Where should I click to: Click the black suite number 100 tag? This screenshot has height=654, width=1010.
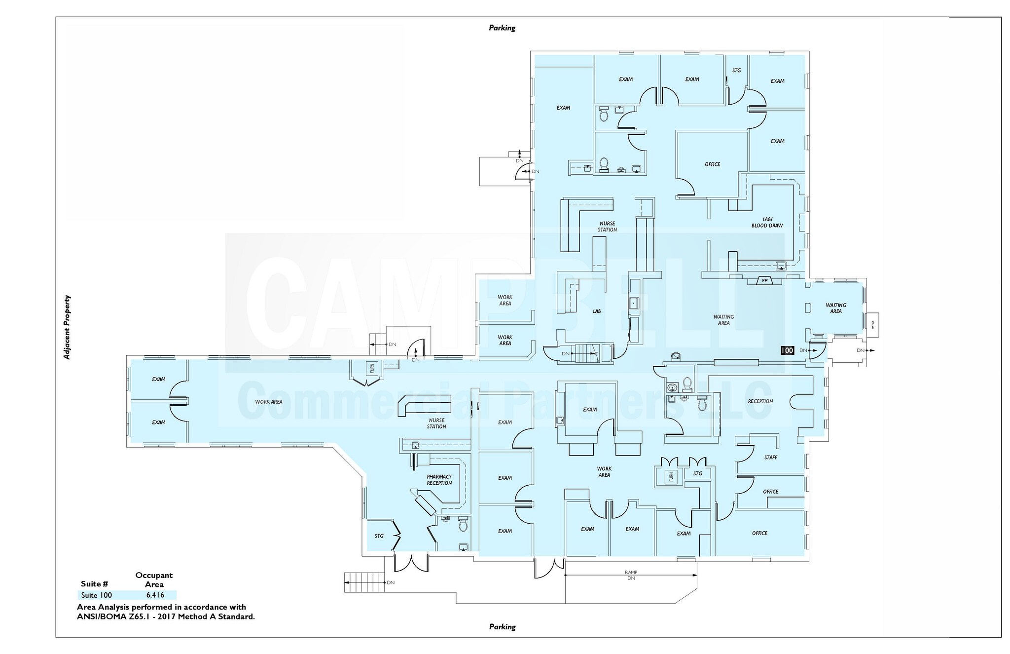787,350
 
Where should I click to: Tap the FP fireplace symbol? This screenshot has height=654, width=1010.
765,281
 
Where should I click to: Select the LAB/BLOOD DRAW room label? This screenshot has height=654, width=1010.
767,223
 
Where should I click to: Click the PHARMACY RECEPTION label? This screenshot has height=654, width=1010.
439,480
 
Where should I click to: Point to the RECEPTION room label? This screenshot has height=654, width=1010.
760,401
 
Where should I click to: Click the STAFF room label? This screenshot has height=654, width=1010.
770,458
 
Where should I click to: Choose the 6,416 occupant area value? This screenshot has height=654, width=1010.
155,595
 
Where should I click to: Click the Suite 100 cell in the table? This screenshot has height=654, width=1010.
97,595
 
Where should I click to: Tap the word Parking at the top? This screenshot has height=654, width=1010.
502,28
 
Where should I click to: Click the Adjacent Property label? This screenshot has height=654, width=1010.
67,327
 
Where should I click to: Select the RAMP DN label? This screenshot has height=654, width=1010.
631,575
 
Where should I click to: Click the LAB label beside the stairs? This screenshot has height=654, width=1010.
597,311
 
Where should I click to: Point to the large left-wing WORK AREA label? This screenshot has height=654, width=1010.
269,402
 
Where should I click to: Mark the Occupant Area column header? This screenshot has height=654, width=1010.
154,580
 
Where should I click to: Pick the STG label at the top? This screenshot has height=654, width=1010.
736,71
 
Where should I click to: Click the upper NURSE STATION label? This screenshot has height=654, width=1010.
607,227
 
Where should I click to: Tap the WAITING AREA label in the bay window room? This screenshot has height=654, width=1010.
835,308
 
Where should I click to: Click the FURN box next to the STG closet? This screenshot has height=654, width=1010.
671,477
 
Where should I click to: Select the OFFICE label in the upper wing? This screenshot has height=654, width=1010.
712,164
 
